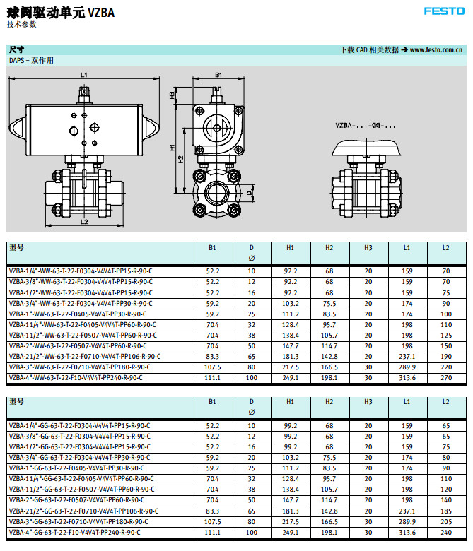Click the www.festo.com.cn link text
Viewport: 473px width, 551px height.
coord(437,50)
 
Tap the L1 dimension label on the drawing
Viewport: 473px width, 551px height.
coord(84,74)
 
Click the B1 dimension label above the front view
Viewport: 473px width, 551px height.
coord(218,74)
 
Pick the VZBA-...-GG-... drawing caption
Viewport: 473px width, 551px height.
coord(360,125)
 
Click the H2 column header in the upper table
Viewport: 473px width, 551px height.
coord(329,248)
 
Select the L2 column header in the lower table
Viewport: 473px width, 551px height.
coord(445,402)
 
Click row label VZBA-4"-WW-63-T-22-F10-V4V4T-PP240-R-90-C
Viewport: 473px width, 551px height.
coord(76,378)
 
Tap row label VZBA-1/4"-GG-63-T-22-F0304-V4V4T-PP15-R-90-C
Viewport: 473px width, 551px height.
coord(80,426)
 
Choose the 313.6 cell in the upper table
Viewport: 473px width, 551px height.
coord(407,378)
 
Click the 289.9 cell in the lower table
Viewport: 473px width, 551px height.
coord(407,521)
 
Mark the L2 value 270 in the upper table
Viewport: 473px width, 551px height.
coord(445,378)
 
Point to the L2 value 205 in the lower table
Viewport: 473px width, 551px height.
coord(445,521)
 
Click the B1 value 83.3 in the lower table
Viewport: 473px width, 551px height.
coord(213,511)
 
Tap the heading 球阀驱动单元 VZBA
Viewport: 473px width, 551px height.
coord(60,12)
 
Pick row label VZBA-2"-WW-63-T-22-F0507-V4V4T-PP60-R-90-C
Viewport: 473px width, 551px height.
coord(77,346)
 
